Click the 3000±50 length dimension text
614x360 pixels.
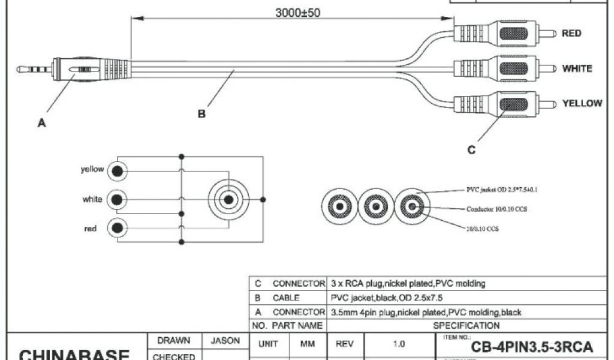click(x=297, y=13)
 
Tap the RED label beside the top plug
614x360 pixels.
click(x=571, y=34)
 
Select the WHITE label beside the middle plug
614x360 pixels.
click(x=576, y=68)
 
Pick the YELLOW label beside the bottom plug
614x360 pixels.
click(x=582, y=103)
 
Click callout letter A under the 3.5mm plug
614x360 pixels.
click(x=41, y=123)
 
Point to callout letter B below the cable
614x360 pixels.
click(x=201, y=114)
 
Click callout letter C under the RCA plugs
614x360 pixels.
click(x=471, y=150)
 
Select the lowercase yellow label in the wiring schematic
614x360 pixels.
click(x=92, y=170)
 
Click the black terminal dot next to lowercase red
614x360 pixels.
click(x=118, y=229)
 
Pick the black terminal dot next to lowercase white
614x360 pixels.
click(x=118, y=199)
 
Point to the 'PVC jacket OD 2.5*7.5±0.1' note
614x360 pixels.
click(x=502, y=190)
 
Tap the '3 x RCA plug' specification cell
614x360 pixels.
click(x=408, y=283)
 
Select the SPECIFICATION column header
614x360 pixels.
click(x=466, y=325)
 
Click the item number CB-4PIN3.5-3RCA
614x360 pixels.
click(x=532, y=347)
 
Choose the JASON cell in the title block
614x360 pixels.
click(x=225, y=341)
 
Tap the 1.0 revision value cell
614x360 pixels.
click(x=399, y=344)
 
